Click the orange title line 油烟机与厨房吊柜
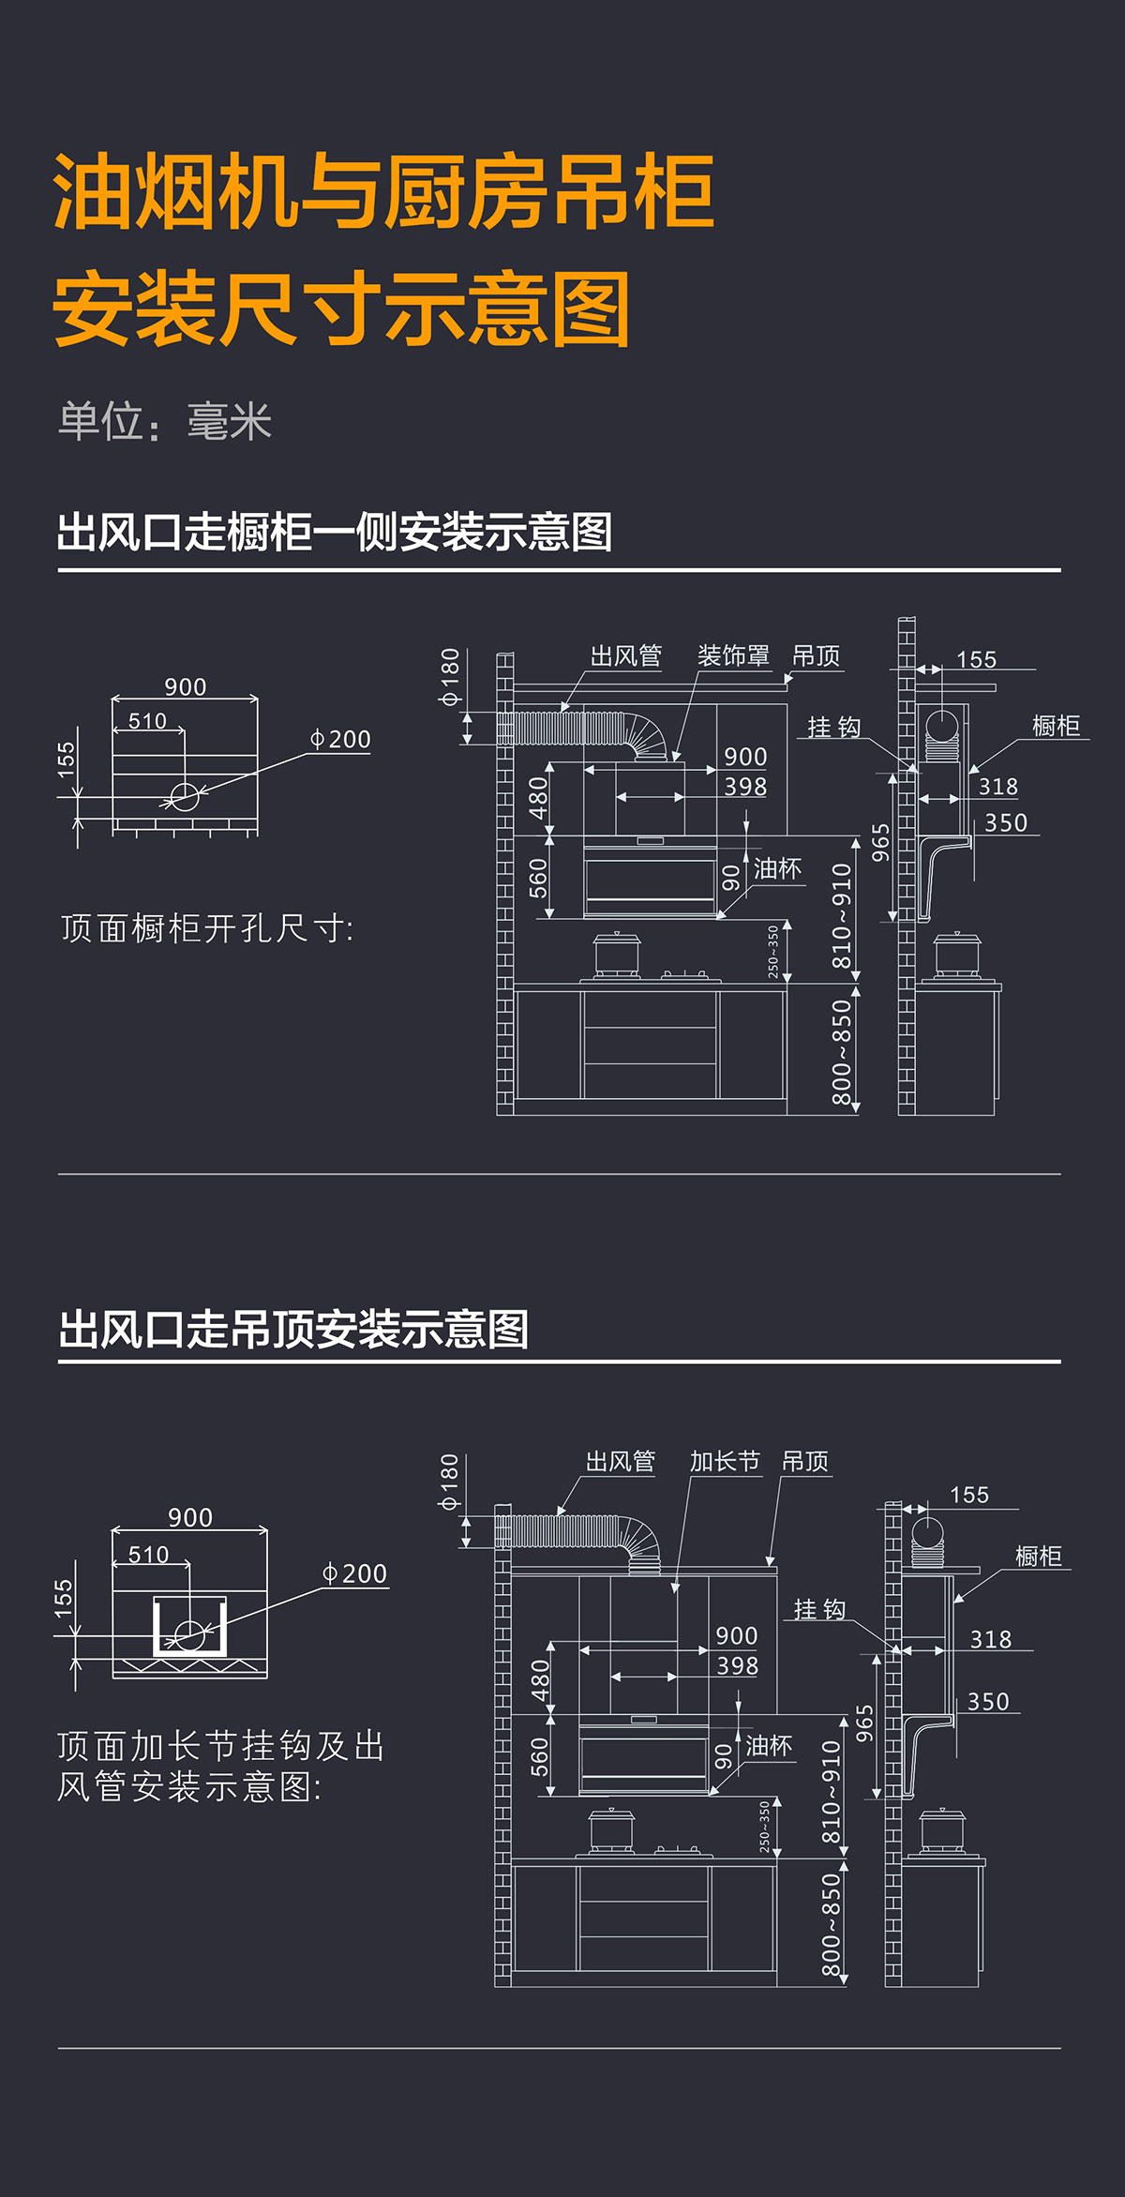384,193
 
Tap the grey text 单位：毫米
165,421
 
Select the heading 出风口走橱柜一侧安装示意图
334,532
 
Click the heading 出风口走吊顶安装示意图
293,1329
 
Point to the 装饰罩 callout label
732,655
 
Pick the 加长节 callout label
724,1461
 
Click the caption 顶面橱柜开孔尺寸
207,928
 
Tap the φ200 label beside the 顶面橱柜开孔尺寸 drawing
341,739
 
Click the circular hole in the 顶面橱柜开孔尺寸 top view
185,797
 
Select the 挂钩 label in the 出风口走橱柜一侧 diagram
833,727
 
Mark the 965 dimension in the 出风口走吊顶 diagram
864,1723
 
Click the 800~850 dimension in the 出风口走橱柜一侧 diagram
841,1051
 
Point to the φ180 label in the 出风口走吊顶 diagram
449,1482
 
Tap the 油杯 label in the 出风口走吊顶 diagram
769,1745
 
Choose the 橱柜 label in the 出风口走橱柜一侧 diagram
1056,725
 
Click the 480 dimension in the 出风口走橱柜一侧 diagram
537,798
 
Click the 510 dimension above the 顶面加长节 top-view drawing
148,1556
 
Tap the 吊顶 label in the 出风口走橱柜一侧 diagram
816,655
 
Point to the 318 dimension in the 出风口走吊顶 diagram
990,1639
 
